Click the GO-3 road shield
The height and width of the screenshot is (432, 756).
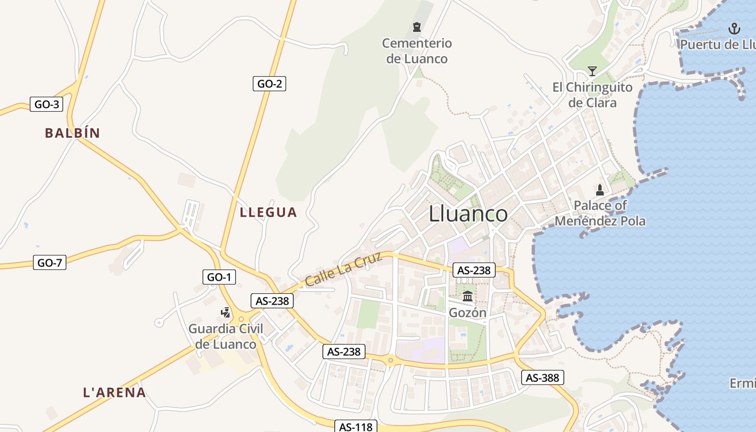[x=46, y=104]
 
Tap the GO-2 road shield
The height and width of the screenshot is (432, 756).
[x=269, y=84]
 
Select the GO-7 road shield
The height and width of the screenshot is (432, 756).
[x=50, y=263]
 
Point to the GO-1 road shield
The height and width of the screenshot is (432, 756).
[x=219, y=277]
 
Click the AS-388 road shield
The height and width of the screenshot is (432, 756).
[x=542, y=377]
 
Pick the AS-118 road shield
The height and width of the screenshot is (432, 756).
[x=355, y=427]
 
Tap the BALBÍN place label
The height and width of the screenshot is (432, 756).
[x=72, y=133]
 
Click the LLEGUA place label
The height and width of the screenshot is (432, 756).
[x=268, y=212]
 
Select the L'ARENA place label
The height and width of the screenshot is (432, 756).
[x=114, y=393]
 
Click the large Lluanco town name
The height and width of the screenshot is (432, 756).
[x=468, y=214]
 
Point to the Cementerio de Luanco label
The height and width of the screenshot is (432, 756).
[x=417, y=51]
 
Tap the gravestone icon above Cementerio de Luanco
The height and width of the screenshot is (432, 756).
[x=416, y=27]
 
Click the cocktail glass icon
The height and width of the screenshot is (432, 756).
[x=592, y=71]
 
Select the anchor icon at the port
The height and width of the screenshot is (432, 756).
[x=734, y=28]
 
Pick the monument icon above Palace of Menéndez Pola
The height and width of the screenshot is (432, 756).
[x=599, y=190]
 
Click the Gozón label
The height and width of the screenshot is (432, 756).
[x=468, y=313]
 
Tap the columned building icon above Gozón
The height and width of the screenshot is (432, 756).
[x=468, y=296]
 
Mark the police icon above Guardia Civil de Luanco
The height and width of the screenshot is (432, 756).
[x=226, y=312]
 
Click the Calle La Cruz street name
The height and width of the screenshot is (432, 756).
[x=343, y=269]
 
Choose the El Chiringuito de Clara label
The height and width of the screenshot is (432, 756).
[x=592, y=94]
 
